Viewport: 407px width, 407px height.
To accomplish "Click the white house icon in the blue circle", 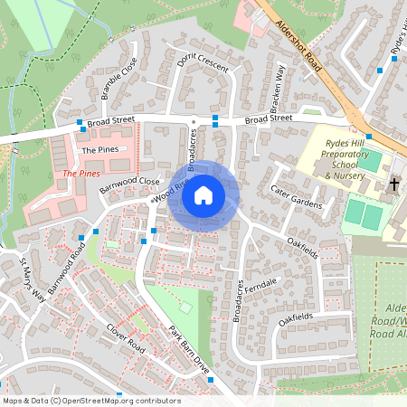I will click(203, 195).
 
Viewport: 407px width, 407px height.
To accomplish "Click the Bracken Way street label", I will click(279, 87).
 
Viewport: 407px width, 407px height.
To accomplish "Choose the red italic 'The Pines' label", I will click(80, 172).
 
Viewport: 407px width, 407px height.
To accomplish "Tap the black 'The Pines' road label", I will click(99, 149).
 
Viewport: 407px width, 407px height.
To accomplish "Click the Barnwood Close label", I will click(128, 185).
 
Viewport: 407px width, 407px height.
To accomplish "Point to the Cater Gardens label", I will click(296, 197).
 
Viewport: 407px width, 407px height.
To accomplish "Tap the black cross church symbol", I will click(393, 185).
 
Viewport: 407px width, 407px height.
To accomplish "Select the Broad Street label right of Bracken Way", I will click(269, 118).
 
